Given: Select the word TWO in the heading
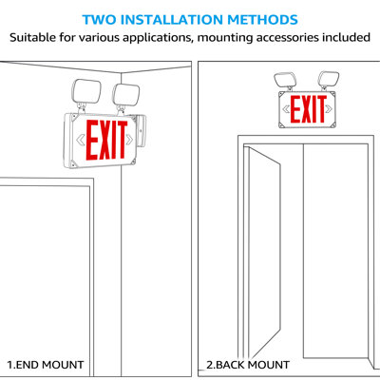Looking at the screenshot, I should click(x=102, y=19).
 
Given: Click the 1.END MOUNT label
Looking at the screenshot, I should click(x=46, y=364).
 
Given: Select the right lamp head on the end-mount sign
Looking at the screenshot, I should click(x=127, y=94).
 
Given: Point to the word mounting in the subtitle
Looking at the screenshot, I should click(x=221, y=39).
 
